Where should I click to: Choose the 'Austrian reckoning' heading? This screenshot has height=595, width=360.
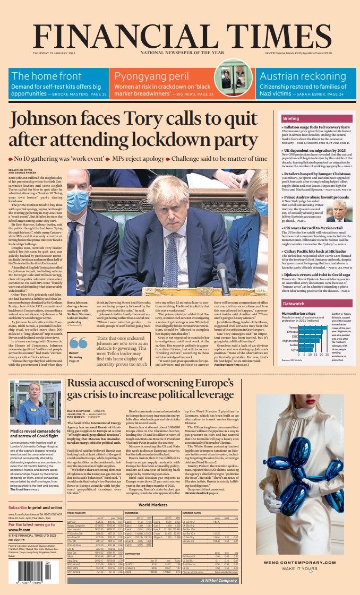[x=295, y=76]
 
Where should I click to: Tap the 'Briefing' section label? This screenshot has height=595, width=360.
[x=291, y=118]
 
